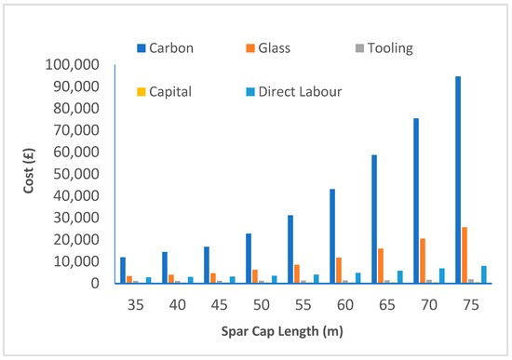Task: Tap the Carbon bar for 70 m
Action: [416, 201]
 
